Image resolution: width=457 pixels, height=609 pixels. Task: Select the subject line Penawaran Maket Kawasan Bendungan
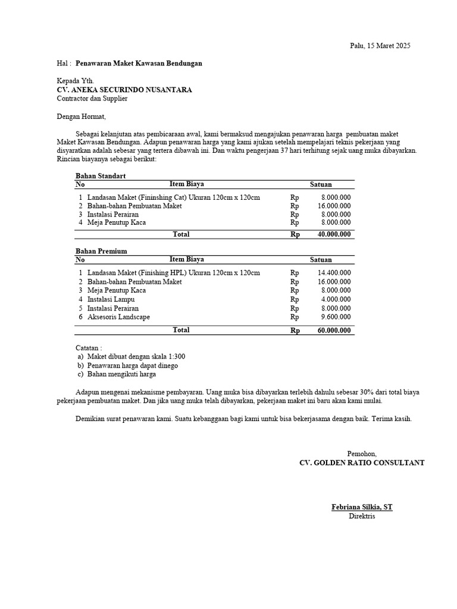pos(139,63)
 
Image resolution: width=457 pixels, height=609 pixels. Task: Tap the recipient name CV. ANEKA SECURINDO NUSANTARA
pos(124,90)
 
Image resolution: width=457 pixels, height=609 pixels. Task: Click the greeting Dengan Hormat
pos(81,117)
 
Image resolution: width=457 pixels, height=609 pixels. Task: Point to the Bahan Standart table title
pos(101,176)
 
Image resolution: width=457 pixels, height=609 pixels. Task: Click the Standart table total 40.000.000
pos(334,234)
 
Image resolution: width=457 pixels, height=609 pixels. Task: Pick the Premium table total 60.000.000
pos(334,331)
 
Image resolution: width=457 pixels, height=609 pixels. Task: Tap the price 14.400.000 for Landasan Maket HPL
pos(334,273)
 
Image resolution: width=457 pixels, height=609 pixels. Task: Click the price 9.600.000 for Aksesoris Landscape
pos(336,317)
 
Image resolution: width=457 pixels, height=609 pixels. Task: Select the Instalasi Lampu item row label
pos(111,300)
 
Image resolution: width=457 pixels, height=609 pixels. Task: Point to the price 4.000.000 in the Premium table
pos(336,300)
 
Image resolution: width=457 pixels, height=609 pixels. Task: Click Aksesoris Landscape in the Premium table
pos(118,317)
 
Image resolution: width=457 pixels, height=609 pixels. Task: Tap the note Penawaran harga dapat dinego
pos(132,366)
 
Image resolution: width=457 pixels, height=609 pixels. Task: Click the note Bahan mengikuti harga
pos(121,375)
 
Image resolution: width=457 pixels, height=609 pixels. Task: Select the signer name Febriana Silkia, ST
pos(362,507)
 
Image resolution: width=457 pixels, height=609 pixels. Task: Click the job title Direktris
pos(362,516)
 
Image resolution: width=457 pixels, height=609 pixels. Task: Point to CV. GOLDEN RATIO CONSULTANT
pos(362,463)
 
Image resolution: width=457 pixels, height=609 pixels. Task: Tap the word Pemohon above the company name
pos(362,454)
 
